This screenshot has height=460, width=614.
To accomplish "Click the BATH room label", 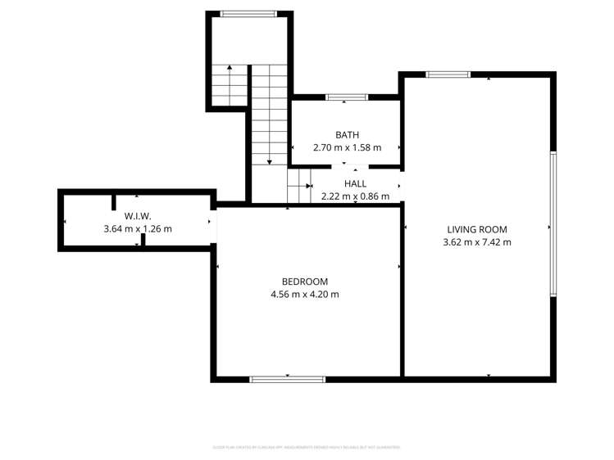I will [347, 135].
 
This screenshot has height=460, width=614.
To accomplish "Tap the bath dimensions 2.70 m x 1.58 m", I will [347, 148].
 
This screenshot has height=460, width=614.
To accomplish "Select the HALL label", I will [355, 184].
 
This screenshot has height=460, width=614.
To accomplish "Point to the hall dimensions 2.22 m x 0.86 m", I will [355, 196].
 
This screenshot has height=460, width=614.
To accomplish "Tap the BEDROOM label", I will [304, 282].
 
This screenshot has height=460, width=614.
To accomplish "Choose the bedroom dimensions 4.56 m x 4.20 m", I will [304, 295].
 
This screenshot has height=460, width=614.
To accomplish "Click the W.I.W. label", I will [138, 216].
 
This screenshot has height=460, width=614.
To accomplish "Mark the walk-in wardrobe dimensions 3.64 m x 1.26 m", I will [138, 229].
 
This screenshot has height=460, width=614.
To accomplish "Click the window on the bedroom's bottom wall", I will [287, 379].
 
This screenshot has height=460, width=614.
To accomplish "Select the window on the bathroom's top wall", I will [346, 97].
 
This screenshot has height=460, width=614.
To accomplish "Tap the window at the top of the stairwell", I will [248, 13].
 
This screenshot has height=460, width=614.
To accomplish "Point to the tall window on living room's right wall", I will [553, 224].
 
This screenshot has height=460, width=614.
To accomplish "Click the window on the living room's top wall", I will [448, 74].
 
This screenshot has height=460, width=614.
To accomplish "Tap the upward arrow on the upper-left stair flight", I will [230, 69].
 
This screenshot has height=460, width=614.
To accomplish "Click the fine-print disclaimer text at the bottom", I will [307, 448].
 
